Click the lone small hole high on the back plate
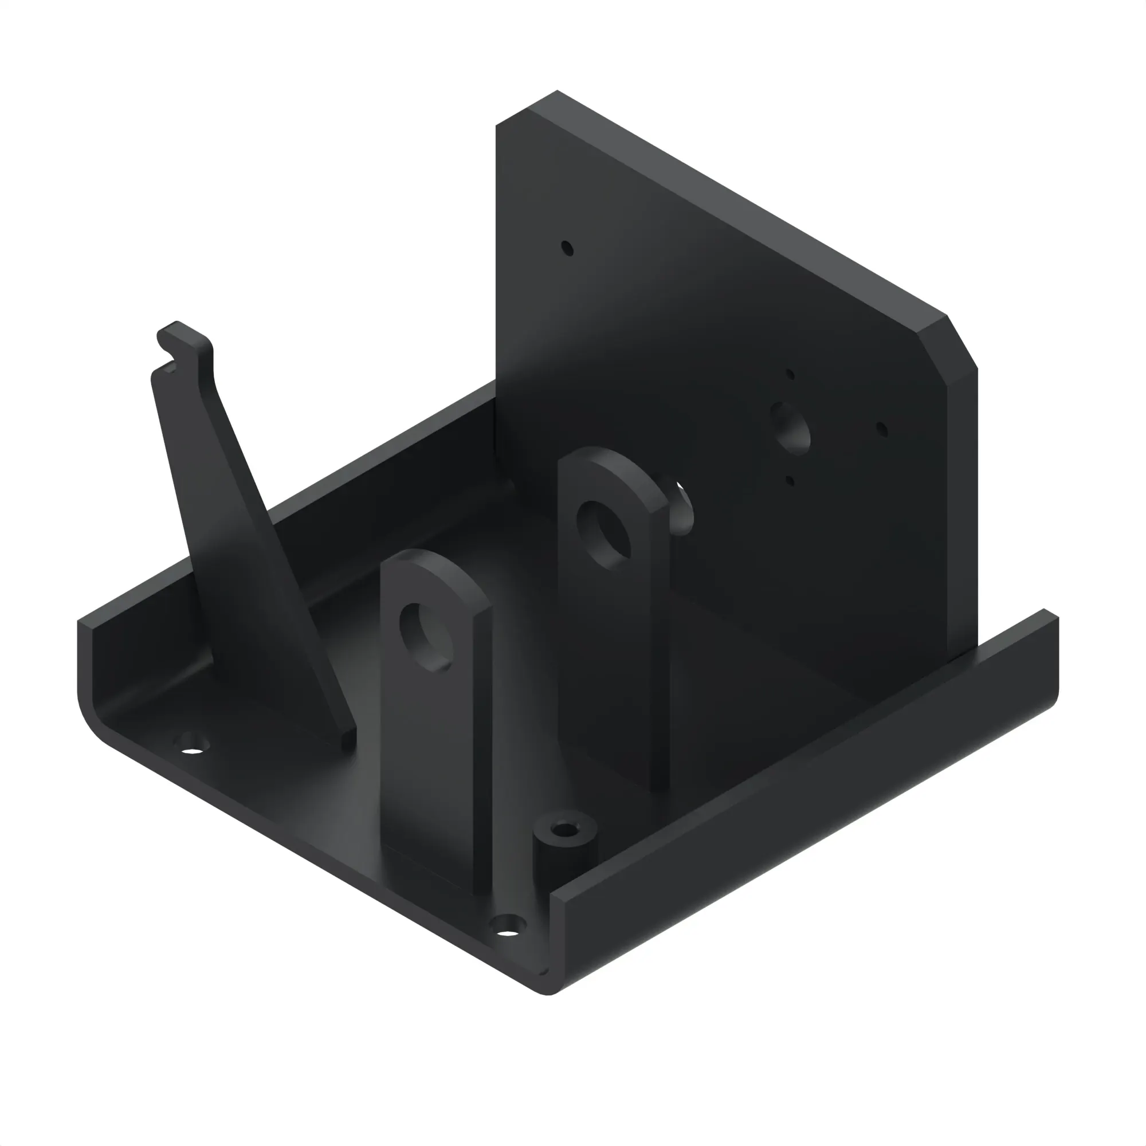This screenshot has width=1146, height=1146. tap(567, 248)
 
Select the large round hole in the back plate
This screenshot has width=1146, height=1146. tap(790, 428)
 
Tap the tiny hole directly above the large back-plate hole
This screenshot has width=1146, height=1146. tap(790, 374)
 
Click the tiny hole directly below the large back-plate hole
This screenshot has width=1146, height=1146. tap(790, 481)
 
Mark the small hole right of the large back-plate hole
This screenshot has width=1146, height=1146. tap(881, 429)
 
